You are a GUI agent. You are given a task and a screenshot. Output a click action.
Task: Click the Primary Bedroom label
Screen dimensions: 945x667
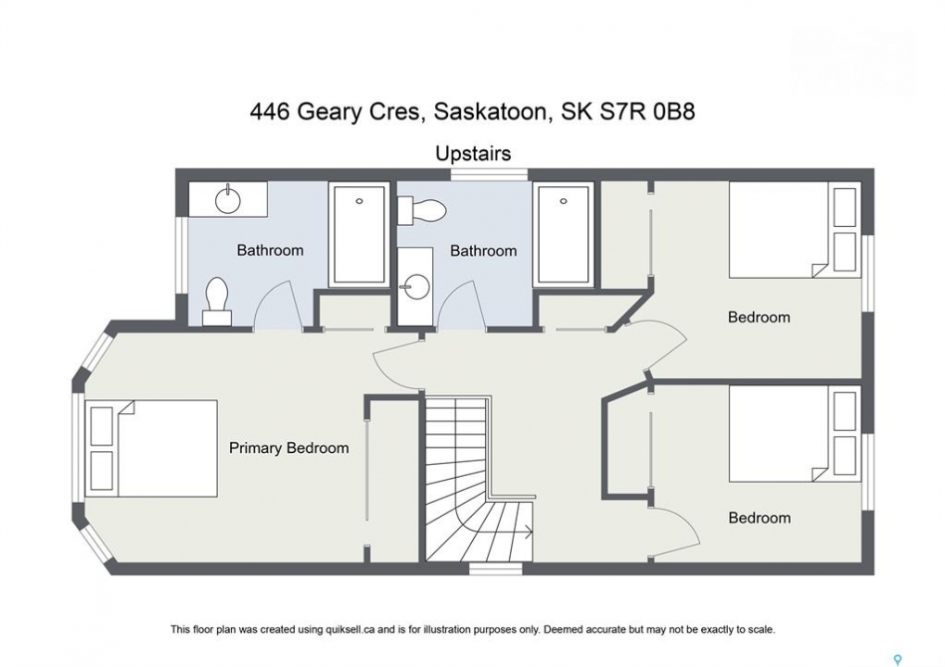[288, 447]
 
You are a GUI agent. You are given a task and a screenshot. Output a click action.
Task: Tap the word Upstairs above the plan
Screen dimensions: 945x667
[473, 154]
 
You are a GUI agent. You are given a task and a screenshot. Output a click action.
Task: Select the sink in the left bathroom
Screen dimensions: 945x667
[228, 200]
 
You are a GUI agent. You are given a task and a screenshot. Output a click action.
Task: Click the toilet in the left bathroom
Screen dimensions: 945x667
[217, 301]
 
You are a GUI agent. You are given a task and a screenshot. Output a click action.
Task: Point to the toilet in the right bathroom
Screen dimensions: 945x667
[421, 209]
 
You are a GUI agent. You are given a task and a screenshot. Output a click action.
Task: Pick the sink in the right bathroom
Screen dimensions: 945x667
[415, 286]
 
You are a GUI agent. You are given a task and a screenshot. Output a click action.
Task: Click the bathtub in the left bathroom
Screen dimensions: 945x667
[359, 234]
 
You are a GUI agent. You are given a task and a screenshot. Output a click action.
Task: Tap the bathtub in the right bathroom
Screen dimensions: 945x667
[564, 233]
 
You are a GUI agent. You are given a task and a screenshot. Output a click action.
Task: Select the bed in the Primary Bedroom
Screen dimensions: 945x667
[151, 448]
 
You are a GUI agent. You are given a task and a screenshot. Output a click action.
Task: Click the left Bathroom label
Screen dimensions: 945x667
[270, 250]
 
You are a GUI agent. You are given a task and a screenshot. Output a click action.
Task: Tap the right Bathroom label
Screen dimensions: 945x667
[483, 250]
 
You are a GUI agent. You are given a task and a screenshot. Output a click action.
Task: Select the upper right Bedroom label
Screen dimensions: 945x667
[759, 317]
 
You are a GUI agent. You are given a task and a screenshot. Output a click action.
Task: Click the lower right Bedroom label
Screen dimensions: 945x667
[760, 518]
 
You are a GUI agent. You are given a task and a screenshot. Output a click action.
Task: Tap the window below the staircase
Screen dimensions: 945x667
[496, 568]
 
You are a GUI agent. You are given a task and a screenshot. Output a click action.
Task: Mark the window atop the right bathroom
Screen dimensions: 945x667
[490, 174]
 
